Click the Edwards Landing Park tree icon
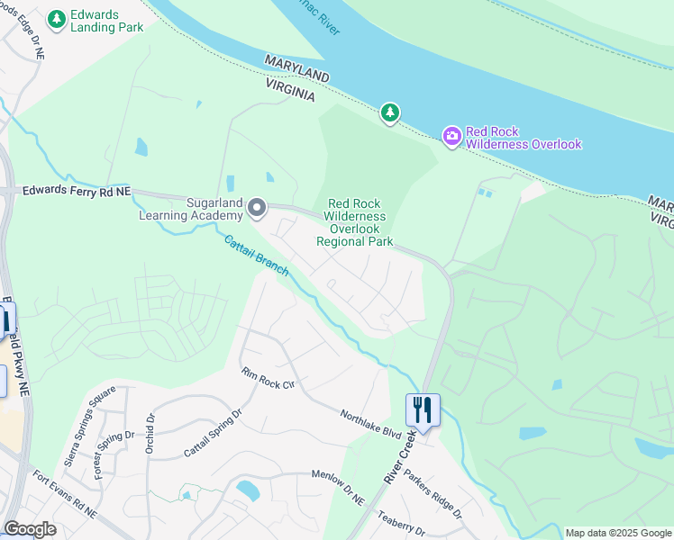(57, 18)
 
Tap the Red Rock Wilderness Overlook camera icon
(451, 136)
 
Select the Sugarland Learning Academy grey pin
(257, 209)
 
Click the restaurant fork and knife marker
(422, 410)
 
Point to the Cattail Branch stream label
(255, 256)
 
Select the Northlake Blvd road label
(370, 424)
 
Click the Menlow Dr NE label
(337, 487)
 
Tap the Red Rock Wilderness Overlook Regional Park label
(356, 222)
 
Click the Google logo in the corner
(30, 529)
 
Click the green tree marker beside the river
(389, 113)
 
